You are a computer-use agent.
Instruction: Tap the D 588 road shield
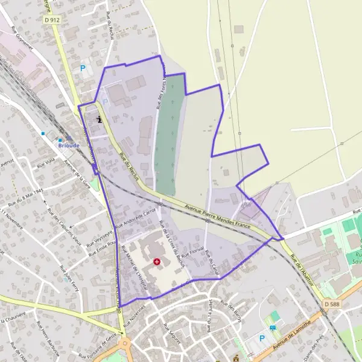click(331, 303)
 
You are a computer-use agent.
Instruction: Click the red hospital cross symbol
click(157, 262)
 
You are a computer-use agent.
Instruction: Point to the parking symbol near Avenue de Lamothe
click(262, 338)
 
